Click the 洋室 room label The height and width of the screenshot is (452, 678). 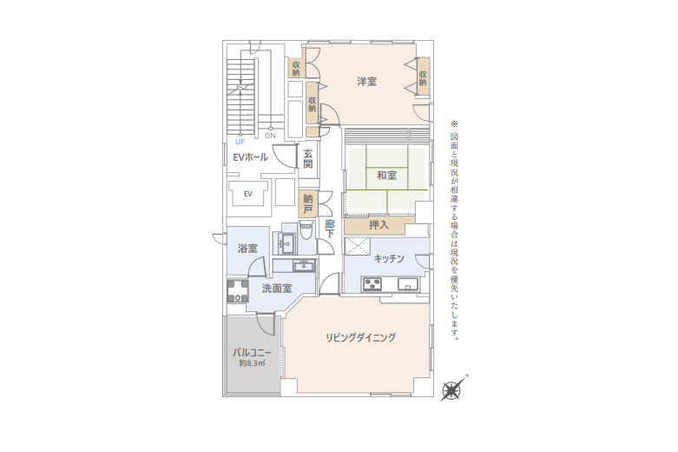tap(366, 82)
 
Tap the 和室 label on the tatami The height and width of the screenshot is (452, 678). tap(386, 176)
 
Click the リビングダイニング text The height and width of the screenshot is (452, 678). tap(361, 337)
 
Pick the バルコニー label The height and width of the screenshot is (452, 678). tap(252, 353)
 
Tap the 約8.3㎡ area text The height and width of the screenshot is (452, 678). tap(252, 364)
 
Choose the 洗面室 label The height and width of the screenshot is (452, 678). tap(276, 289)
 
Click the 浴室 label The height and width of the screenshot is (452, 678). tap(247, 249)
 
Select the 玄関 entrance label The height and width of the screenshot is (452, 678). tap(308, 159)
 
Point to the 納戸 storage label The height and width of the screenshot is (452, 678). tap(307, 204)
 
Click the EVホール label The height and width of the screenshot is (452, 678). tap(251, 157)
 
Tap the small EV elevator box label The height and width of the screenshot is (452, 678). tap(247, 194)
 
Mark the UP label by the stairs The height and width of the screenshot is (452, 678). tap(240, 141)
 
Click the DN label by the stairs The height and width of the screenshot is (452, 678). tap(270, 136)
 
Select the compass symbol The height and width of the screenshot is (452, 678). tap(452, 389)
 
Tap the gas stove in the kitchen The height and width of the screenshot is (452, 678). tap(373, 283)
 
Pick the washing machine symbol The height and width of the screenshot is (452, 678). tap(237, 290)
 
